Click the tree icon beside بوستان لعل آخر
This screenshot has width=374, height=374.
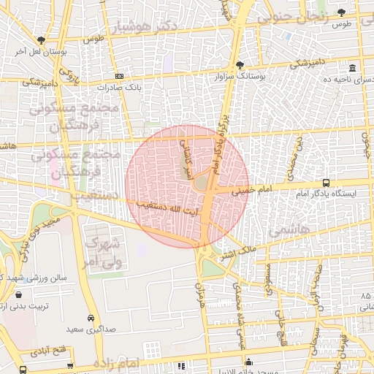(41, 40)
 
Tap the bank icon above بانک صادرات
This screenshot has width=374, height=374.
(120, 76)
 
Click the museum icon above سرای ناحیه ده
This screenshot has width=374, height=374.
(351, 66)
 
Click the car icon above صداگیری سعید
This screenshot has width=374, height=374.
(90, 318)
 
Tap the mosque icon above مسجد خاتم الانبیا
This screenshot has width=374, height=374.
(249, 361)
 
